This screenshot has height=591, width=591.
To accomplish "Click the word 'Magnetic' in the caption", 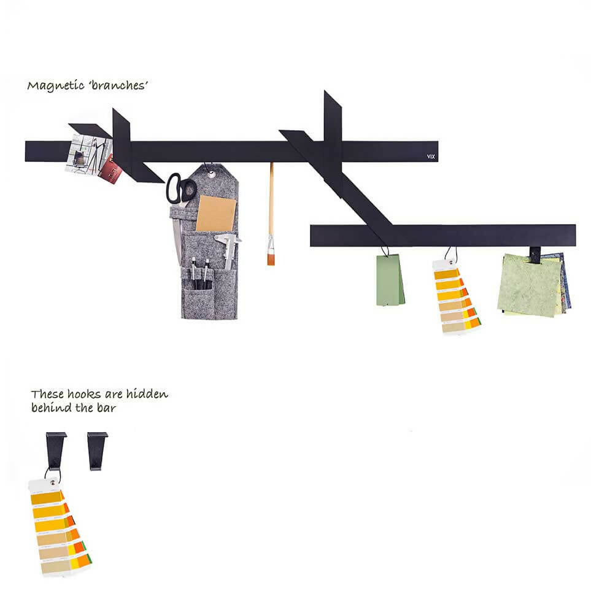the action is pos(56,85).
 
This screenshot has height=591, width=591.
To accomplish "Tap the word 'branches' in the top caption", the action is pos(118,85).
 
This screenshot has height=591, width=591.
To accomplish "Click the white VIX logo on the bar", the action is pos(431,156).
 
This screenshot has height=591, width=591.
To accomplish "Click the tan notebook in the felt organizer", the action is pos(216,214).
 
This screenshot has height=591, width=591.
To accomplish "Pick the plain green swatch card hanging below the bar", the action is pos(390,280).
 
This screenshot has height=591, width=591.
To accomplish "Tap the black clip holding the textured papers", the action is pos(535,255).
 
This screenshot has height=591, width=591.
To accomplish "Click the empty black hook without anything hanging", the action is pos(97,451).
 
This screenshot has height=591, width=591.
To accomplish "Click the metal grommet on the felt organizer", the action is pos(211,174).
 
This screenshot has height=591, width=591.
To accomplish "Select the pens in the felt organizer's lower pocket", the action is pos(200,273).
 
